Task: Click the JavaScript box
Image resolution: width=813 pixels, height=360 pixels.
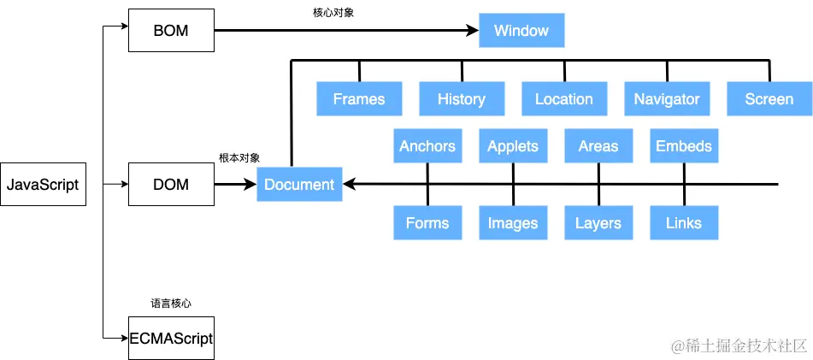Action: click(x=43, y=185)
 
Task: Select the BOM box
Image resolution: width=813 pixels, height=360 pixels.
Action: click(x=171, y=31)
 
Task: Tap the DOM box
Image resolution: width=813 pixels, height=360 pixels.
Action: click(x=171, y=185)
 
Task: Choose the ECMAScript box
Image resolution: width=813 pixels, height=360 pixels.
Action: click(x=171, y=338)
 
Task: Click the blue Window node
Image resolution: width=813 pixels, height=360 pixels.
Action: click(x=521, y=31)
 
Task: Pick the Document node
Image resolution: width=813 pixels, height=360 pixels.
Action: click(x=299, y=185)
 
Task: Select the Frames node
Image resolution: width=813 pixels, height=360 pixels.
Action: click(x=359, y=99)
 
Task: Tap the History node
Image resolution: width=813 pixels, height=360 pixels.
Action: click(x=462, y=99)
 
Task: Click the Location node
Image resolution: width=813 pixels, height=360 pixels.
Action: click(x=564, y=99)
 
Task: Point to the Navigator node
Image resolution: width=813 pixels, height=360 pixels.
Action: click(x=667, y=99)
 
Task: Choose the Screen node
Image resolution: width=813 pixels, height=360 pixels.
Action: click(x=769, y=99)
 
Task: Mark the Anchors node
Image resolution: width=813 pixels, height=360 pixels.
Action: click(x=427, y=146)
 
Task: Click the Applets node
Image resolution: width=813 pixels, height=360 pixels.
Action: click(x=513, y=146)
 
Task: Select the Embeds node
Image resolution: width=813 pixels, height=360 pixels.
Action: click(x=684, y=146)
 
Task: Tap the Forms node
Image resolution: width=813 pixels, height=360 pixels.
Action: click(x=427, y=223)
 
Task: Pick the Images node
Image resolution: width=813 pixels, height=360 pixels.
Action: click(x=513, y=223)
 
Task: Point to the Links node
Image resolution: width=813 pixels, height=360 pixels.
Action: click(x=684, y=223)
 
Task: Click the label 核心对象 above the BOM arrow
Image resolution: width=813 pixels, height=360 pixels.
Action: click(x=334, y=12)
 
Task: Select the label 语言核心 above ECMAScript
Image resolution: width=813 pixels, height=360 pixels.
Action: click(x=171, y=303)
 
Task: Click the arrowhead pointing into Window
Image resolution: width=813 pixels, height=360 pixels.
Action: click(x=472, y=31)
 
